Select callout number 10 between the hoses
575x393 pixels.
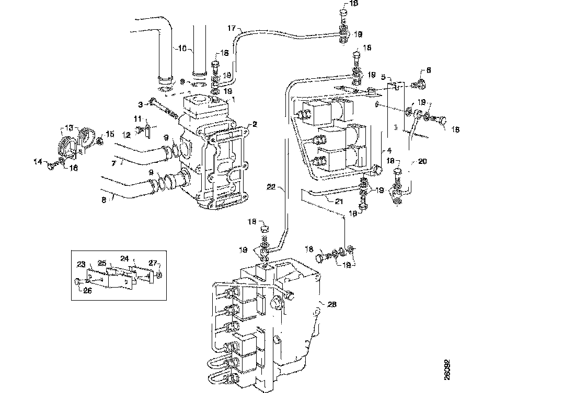[x=182, y=48]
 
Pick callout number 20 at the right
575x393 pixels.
[x=422, y=162]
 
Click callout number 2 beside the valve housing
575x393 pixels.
[x=255, y=124]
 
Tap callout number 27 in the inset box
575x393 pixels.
[x=152, y=263]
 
